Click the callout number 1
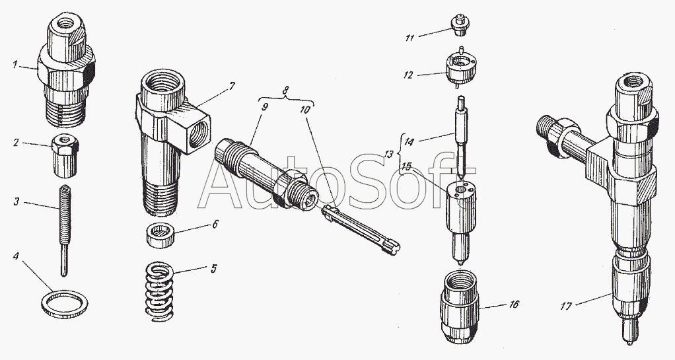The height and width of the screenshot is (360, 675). (15, 65)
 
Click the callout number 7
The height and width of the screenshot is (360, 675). (232, 86)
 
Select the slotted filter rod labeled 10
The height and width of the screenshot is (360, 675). (361, 229)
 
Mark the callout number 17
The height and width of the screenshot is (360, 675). (565, 306)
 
